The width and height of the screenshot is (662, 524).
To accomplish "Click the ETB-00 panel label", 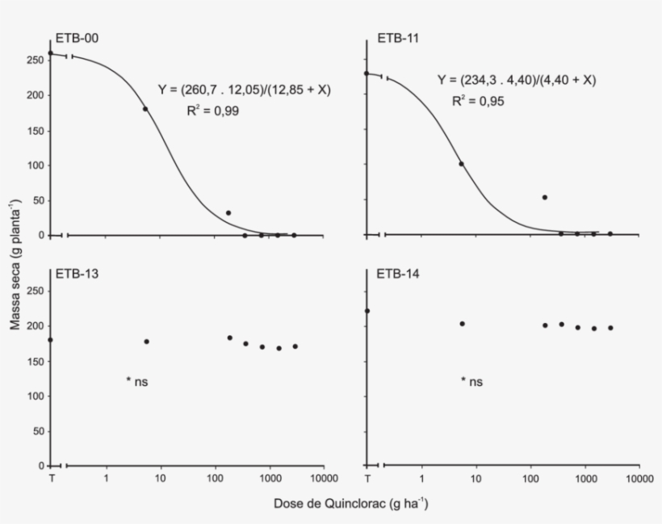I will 78,38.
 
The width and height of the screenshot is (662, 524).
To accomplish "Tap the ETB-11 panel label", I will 398,38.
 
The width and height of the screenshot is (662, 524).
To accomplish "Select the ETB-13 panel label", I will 78,274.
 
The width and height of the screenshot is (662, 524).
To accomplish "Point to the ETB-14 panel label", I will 398,274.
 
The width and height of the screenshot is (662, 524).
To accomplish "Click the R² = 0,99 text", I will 205,111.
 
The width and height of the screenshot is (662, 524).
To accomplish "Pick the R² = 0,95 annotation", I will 478,101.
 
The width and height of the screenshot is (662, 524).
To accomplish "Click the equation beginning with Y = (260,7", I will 245,90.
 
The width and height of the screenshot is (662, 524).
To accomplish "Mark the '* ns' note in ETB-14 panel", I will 471,381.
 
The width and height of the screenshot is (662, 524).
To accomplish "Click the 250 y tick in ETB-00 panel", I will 36,60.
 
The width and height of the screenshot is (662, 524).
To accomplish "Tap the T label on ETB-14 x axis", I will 367,480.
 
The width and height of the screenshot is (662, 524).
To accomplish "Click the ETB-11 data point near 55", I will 545,198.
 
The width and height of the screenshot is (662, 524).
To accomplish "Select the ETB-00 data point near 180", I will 145,109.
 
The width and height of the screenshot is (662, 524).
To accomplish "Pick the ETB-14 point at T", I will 367,311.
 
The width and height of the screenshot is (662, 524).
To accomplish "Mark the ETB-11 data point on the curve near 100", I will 461,164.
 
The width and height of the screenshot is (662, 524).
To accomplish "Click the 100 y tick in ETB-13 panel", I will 36,396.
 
